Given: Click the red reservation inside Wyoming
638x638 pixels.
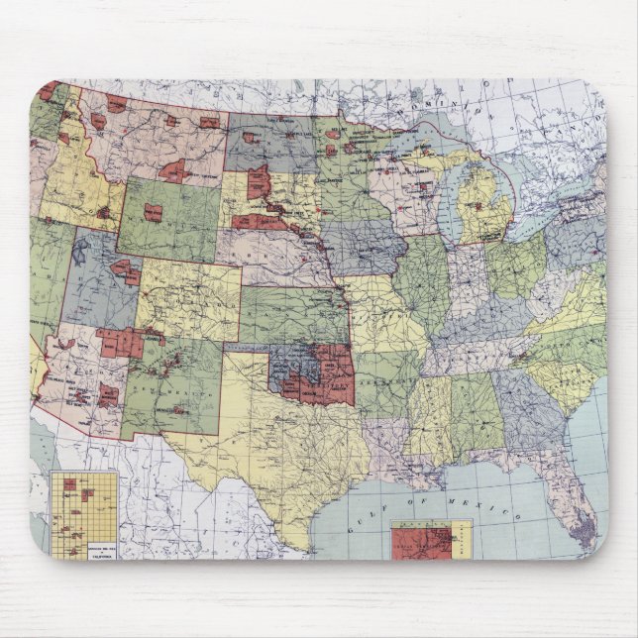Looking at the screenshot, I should tap(153, 211).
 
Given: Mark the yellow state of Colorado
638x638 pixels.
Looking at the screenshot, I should tap(188, 297).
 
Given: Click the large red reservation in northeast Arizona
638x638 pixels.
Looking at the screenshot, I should tap(121, 342).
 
